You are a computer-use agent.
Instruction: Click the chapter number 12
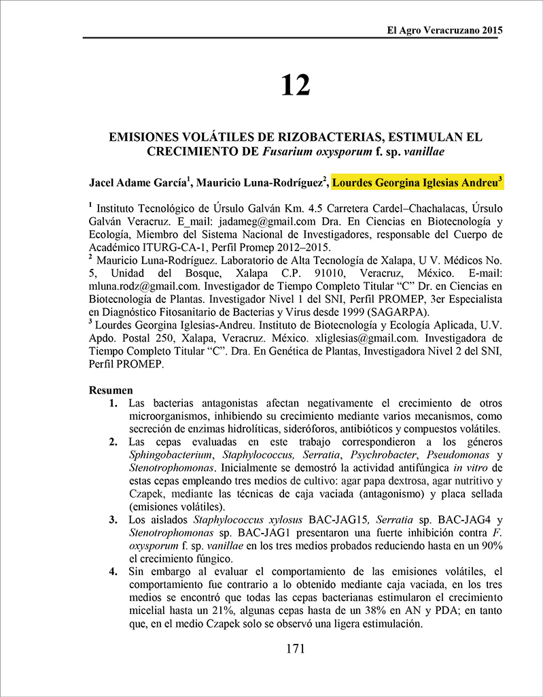295,85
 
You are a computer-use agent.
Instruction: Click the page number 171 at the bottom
295,649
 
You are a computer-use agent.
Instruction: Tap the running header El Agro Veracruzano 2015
444,31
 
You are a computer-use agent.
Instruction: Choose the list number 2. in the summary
113,442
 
